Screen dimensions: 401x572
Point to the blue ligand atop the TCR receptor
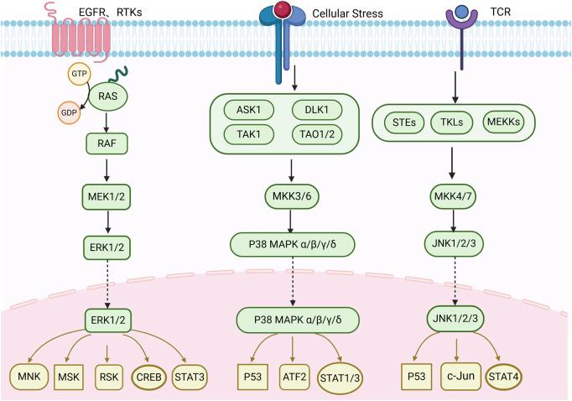(463, 12)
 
